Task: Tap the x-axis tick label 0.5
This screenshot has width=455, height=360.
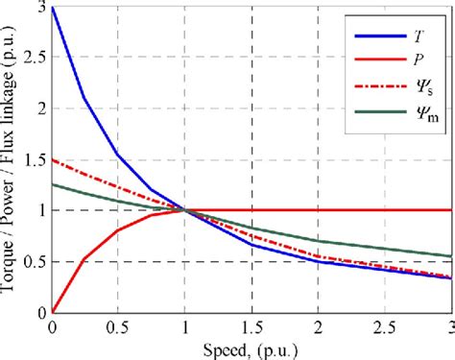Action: [118, 326]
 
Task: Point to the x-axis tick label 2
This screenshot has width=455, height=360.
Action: [318, 326]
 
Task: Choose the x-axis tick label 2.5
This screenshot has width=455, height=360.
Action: [384, 326]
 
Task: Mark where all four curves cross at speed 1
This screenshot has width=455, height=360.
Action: [185, 210]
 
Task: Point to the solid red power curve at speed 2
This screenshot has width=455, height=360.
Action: [318, 209]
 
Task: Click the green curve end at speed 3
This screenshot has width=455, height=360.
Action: [450, 255]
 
